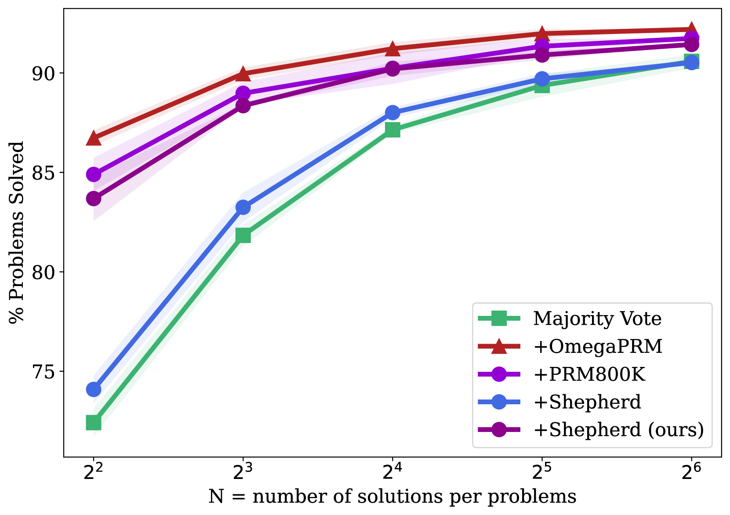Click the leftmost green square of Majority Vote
(94, 423)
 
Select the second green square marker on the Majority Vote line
(243, 236)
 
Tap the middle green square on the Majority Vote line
(392, 130)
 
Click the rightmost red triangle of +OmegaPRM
(691, 29)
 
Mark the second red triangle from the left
(243, 74)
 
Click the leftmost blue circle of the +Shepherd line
(94, 389)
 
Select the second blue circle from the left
(243, 207)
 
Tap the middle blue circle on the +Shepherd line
(392, 113)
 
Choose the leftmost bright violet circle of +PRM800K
(94, 174)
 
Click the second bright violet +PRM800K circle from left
(243, 93)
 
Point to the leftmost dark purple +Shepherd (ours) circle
(94, 199)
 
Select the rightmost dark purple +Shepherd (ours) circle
(691, 44)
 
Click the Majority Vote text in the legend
(597, 319)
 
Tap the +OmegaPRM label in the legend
(598, 347)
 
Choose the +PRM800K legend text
(589, 374)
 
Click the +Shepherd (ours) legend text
(618, 429)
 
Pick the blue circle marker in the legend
(499, 402)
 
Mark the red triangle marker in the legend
(499, 346)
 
